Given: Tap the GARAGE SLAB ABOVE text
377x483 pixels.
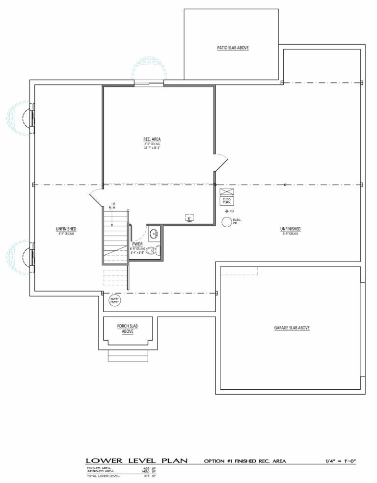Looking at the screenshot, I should [291, 328].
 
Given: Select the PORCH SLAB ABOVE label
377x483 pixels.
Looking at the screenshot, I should [127, 328].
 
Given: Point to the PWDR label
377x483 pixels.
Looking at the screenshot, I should [137, 244].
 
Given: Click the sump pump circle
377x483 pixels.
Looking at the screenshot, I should [114, 299].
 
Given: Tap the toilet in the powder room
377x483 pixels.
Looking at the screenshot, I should [152, 251].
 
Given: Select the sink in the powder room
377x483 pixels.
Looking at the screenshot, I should [153, 232].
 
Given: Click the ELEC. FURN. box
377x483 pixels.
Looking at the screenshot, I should [227, 200].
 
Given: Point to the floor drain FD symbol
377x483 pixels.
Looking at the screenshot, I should [227, 211].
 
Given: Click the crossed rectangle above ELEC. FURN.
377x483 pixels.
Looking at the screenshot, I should [227, 191].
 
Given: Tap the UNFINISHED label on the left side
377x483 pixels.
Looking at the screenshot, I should [66, 229].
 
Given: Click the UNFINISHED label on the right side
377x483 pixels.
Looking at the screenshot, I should [291, 229].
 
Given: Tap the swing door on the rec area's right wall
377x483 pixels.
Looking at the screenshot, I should [221, 162].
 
